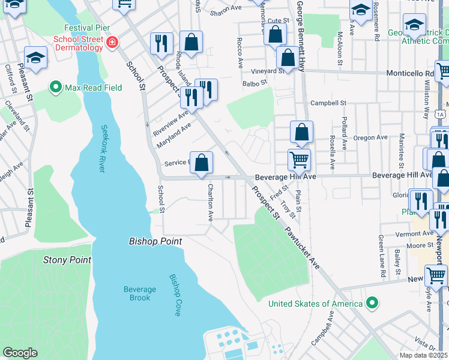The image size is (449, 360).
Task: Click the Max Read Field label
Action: point(94,88)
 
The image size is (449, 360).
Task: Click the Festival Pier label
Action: point(86,28)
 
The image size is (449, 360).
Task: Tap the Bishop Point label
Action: point(155,241)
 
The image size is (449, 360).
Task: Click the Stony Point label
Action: point(67,260)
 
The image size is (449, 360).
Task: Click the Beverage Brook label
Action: point(140,293)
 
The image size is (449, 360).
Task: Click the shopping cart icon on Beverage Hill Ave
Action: point(299,160)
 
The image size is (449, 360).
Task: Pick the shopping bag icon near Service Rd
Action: point(203,162)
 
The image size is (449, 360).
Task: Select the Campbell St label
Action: point(328,103)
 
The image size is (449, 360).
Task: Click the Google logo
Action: point(20,353)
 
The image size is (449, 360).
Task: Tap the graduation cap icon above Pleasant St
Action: point(35,58)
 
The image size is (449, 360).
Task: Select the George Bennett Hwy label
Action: point(298,37)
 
